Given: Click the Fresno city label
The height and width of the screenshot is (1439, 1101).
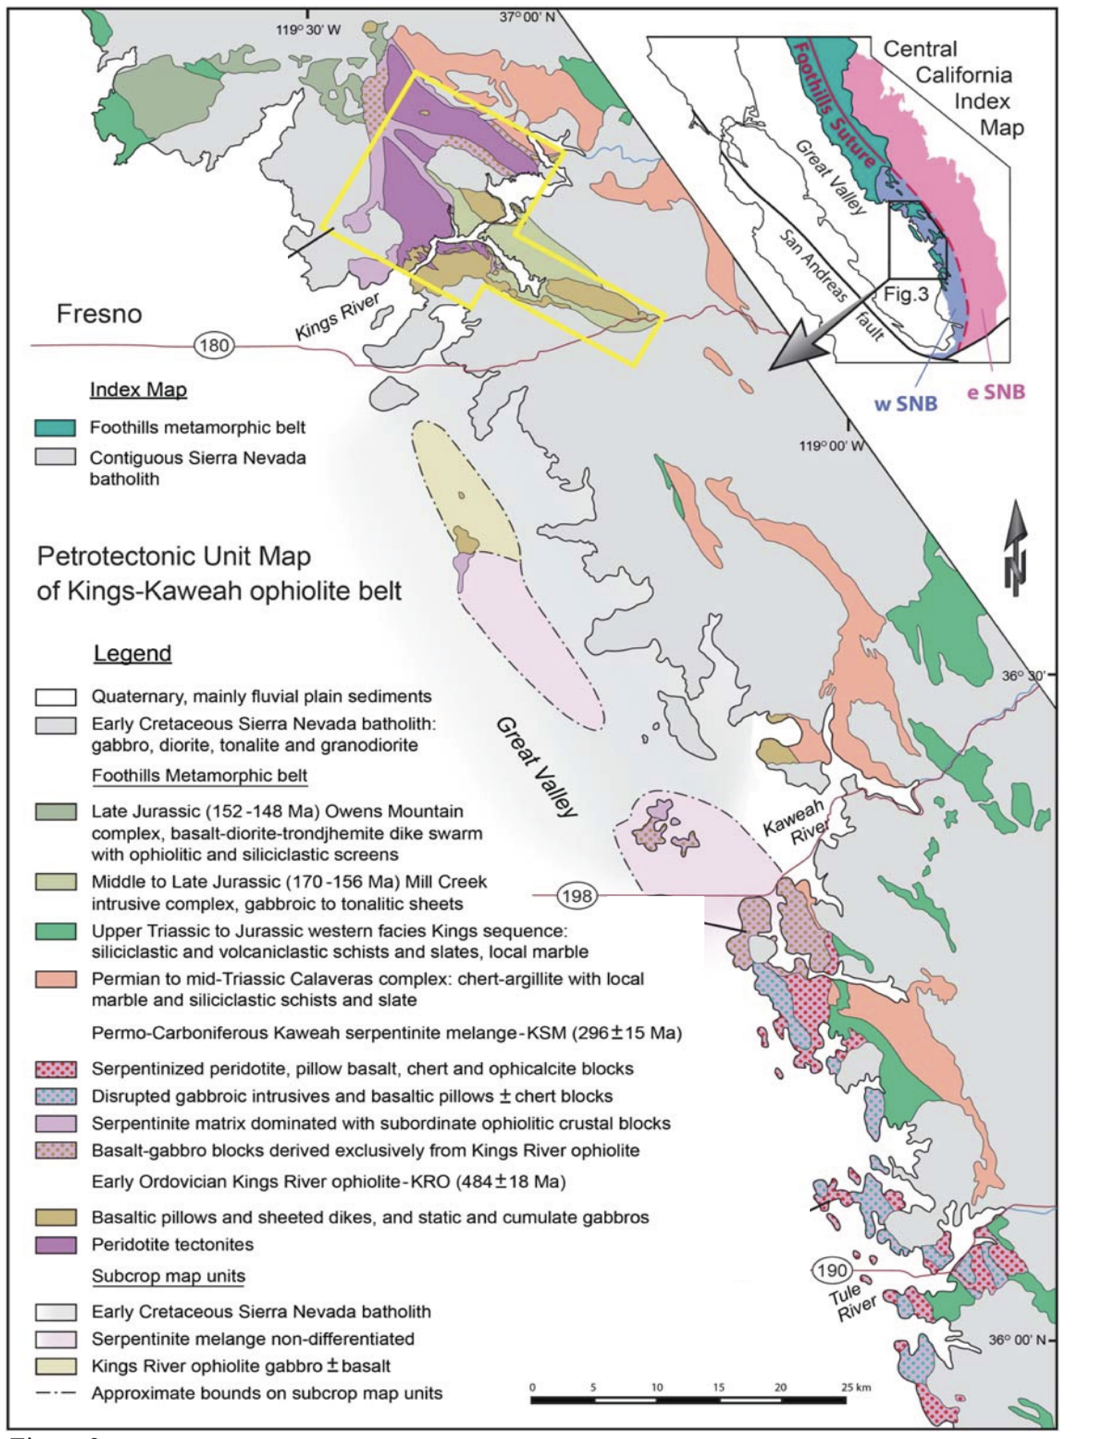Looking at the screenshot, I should click(x=99, y=314).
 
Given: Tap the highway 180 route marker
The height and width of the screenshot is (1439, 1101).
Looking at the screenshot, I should click(x=214, y=345).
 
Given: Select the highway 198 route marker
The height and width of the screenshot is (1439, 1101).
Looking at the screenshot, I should click(x=577, y=895).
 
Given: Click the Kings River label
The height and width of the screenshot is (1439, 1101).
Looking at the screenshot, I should click(x=337, y=317).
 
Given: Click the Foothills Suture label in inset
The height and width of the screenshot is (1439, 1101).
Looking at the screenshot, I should click(x=834, y=105).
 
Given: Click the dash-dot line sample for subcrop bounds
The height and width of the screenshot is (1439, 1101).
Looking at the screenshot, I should click(x=56, y=1394).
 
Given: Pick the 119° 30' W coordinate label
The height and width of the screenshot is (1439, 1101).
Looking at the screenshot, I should click(x=308, y=30).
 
